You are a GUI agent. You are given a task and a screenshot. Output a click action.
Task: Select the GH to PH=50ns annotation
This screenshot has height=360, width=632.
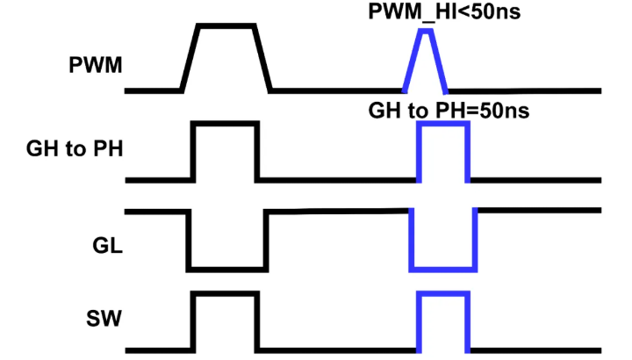click(x=447, y=112)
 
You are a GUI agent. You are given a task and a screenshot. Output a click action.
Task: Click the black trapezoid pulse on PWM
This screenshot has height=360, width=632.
click(x=226, y=57)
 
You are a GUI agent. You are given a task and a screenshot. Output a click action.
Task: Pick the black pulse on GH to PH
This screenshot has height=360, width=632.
click(x=226, y=151)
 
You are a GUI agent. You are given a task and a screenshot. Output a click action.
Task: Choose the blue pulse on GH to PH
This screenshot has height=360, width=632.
click(x=443, y=151)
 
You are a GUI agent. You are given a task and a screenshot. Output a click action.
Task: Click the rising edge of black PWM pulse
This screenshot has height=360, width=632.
click(x=190, y=57)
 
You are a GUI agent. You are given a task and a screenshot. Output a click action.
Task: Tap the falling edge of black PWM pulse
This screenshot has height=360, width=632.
click(x=262, y=57)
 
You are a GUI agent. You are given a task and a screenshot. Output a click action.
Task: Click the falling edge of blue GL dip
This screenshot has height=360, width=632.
click(x=411, y=240)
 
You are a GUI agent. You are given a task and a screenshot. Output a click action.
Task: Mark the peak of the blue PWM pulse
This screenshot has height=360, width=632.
click(x=426, y=32)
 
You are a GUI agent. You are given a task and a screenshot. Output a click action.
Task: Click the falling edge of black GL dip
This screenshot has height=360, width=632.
click(x=188, y=240)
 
